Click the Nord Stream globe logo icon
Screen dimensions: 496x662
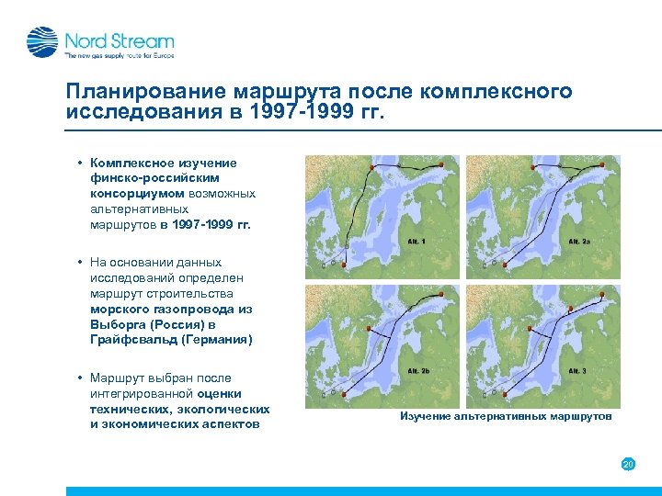pyautogui.click(x=42, y=42)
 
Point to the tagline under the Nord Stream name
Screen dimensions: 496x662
pyautogui.click(x=119, y=56)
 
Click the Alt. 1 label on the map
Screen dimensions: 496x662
pyautogui.click(x=417, y=242)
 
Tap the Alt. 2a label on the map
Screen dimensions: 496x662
pyautogui.click(x=578, y=242)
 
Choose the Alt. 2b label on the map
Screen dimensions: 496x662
pyautogui.click(x=418, y=371)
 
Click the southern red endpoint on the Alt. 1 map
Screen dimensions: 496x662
pyautogui.click(x=345, y=265)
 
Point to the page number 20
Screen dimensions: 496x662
pyautogui.click(x=629, y=465)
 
